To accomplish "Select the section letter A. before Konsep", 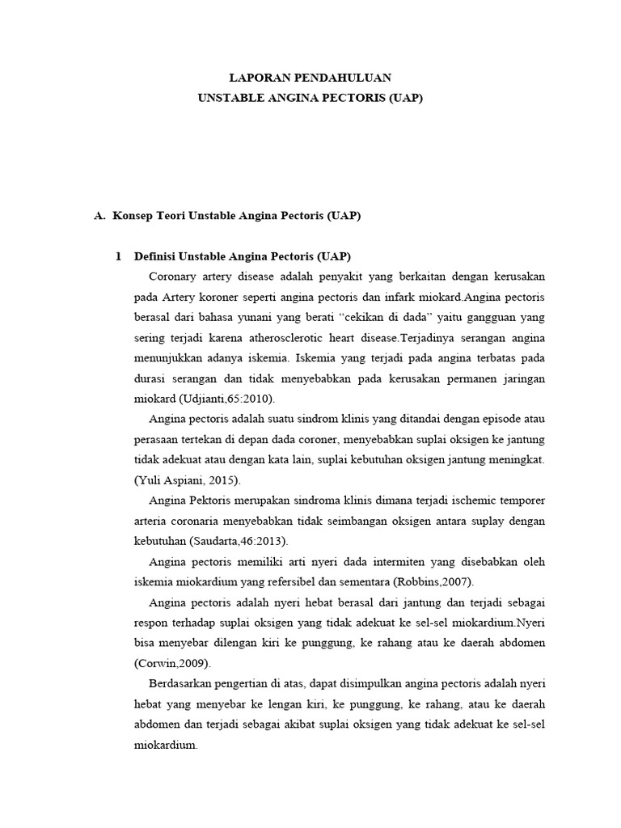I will [100, 217].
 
